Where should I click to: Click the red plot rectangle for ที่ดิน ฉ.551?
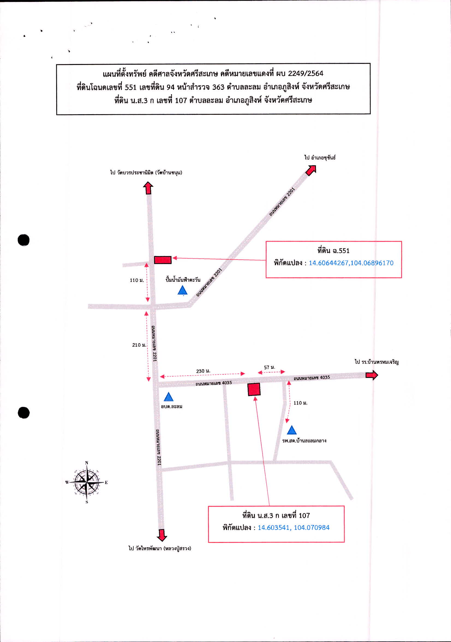(x=163, y=260)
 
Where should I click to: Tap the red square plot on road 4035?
(x=254, y=389)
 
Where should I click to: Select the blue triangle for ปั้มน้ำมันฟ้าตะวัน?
(x=183, y=290)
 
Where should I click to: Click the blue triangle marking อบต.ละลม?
(x=168, y=397)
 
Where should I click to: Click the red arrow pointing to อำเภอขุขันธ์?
(x=311, y=170)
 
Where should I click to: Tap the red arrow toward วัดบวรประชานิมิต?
(x=148, y=188)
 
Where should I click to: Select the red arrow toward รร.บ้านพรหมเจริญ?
(x=372, y=375)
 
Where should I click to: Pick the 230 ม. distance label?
(x=203, y=371)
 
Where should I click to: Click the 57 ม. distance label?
(x=269, y=367)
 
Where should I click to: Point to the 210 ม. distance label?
(x=139, y=345)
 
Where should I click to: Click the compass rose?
(x=87, y=482)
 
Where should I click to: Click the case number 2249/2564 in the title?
(x=306, y=74)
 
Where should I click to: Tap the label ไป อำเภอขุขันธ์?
(x=320, y=158)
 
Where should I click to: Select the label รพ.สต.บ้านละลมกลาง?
(x=304, y=441)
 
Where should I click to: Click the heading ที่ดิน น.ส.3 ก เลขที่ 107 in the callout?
(x=276, y=515)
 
